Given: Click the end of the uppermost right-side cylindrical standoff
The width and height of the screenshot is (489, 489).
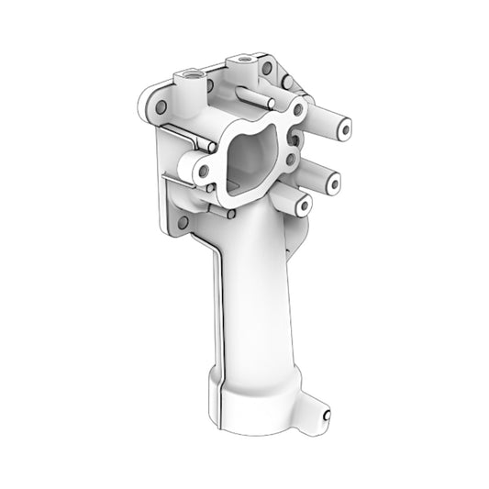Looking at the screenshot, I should coord(343,130).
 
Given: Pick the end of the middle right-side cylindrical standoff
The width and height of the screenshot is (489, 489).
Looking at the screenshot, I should coord(332,183).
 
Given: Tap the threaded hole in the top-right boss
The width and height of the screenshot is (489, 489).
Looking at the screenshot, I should coord(245,59).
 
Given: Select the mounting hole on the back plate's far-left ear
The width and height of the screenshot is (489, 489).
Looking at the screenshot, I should coord(161,107).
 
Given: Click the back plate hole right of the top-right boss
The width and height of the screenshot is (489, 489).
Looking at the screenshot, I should coord(266,68).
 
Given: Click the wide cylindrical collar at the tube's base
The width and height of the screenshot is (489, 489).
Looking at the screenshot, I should coord(257,404).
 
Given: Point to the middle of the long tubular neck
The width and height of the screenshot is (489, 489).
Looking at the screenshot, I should coord(255,294).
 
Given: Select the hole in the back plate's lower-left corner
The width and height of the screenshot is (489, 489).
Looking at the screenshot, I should coord(183,222).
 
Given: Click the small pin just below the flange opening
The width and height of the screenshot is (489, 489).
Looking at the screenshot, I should coord(230,215).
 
